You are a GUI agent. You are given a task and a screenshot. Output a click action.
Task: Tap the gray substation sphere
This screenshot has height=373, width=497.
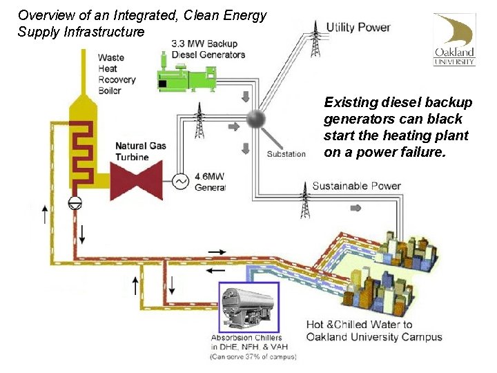[x=257, y=118]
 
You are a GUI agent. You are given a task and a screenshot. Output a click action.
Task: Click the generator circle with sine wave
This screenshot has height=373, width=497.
[x=181, y=180]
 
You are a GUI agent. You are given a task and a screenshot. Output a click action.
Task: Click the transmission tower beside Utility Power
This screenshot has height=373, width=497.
[x=315, y=39]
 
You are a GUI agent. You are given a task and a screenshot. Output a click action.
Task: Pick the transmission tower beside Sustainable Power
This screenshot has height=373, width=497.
[x=305, y=200]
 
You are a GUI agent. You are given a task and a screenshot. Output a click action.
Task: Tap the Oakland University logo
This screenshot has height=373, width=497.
[x=454, y=39]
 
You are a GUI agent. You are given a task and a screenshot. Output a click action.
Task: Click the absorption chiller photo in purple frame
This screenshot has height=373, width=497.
[x=248, y=307]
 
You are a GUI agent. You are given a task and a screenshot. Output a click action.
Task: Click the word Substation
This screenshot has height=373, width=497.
[x=286, y=153]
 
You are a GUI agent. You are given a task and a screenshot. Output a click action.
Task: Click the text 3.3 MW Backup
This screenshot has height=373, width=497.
[x=204, y=44]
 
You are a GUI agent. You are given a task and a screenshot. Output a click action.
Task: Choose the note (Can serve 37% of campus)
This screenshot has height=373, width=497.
[x=253, y=356]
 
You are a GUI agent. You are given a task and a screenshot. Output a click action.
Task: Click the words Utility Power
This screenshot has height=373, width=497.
[x=358, y=28]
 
